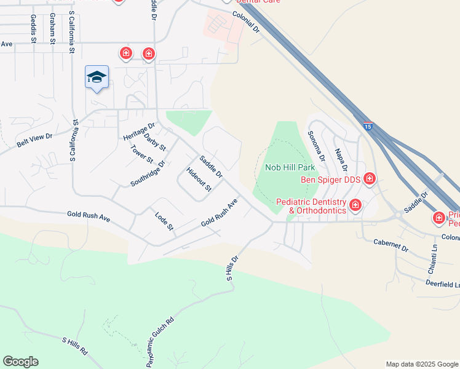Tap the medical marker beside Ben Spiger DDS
click(x=370, y=179)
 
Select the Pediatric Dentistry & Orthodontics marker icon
click(x=355, y=205)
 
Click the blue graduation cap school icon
click(x=97, y=77)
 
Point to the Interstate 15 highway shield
click(x=367, y=125)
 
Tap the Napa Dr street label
click(x=341, y=160)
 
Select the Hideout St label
click(x=199, y=178)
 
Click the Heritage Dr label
click(x=138, y=131)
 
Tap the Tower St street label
click(x=141, y=154)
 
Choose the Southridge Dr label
click(x=148, y=174)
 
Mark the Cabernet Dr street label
click(x=391, y=244)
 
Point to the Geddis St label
click(x=33, y=29)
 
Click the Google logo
click(x=20, y=362)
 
